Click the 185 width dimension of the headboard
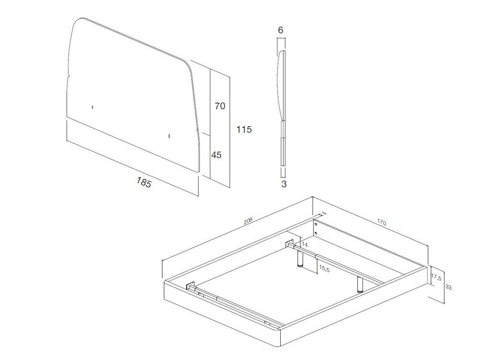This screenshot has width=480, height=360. [144, 182]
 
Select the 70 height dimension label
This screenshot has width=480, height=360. [220, 106]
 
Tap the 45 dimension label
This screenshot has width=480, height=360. [216, 155]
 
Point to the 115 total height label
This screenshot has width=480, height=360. [244, 130]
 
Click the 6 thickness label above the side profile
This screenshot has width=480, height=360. [281, 30]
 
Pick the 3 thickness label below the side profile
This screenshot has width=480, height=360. [284, 184]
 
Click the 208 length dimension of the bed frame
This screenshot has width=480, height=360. [248, 221]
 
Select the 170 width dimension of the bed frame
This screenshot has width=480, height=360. [382, 222]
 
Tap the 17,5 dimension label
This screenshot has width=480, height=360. [436, 277]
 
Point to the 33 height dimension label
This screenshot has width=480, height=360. [449, 287]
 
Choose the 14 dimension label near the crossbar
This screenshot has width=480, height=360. [305, 245]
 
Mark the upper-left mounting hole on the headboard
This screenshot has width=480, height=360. [93, 107]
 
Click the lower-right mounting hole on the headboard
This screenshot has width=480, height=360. [169, 136]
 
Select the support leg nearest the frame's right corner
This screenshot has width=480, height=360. [360, 285]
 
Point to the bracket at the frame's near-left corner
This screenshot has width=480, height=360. [191, 286]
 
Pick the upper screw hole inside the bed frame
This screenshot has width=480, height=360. [316, 224]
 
